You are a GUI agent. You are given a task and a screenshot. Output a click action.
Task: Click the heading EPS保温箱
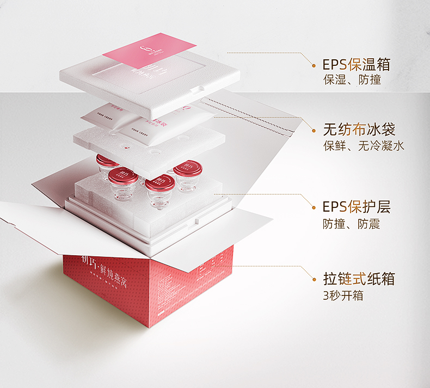pyautogui.click(x=357, y=64)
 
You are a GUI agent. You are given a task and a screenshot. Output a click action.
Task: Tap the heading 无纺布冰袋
pyautogui.click(x=359, y=130)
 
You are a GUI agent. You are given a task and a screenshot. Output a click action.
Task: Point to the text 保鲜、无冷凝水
pyautogui.click(x=363, y=146)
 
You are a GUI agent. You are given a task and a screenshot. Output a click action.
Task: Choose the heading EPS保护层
pyautogui.click(x=357, y=207)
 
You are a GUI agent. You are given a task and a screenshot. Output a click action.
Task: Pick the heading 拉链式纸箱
pyautogui.click(x=359, y=279)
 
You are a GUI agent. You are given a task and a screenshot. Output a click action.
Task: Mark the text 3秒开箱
pyautogui.click(x=343, y=295)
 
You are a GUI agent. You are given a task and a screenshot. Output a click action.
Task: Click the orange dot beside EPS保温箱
pyautogui.click(x=314, y=64)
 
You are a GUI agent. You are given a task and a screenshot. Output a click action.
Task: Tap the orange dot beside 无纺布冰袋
pyautogui.click(x=314, y=130)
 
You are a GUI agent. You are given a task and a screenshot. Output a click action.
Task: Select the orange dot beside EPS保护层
pyautogui.click(x=314, y=207)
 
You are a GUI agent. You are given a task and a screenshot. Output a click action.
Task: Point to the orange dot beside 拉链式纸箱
pyautogui.click(x=314, y=280)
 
